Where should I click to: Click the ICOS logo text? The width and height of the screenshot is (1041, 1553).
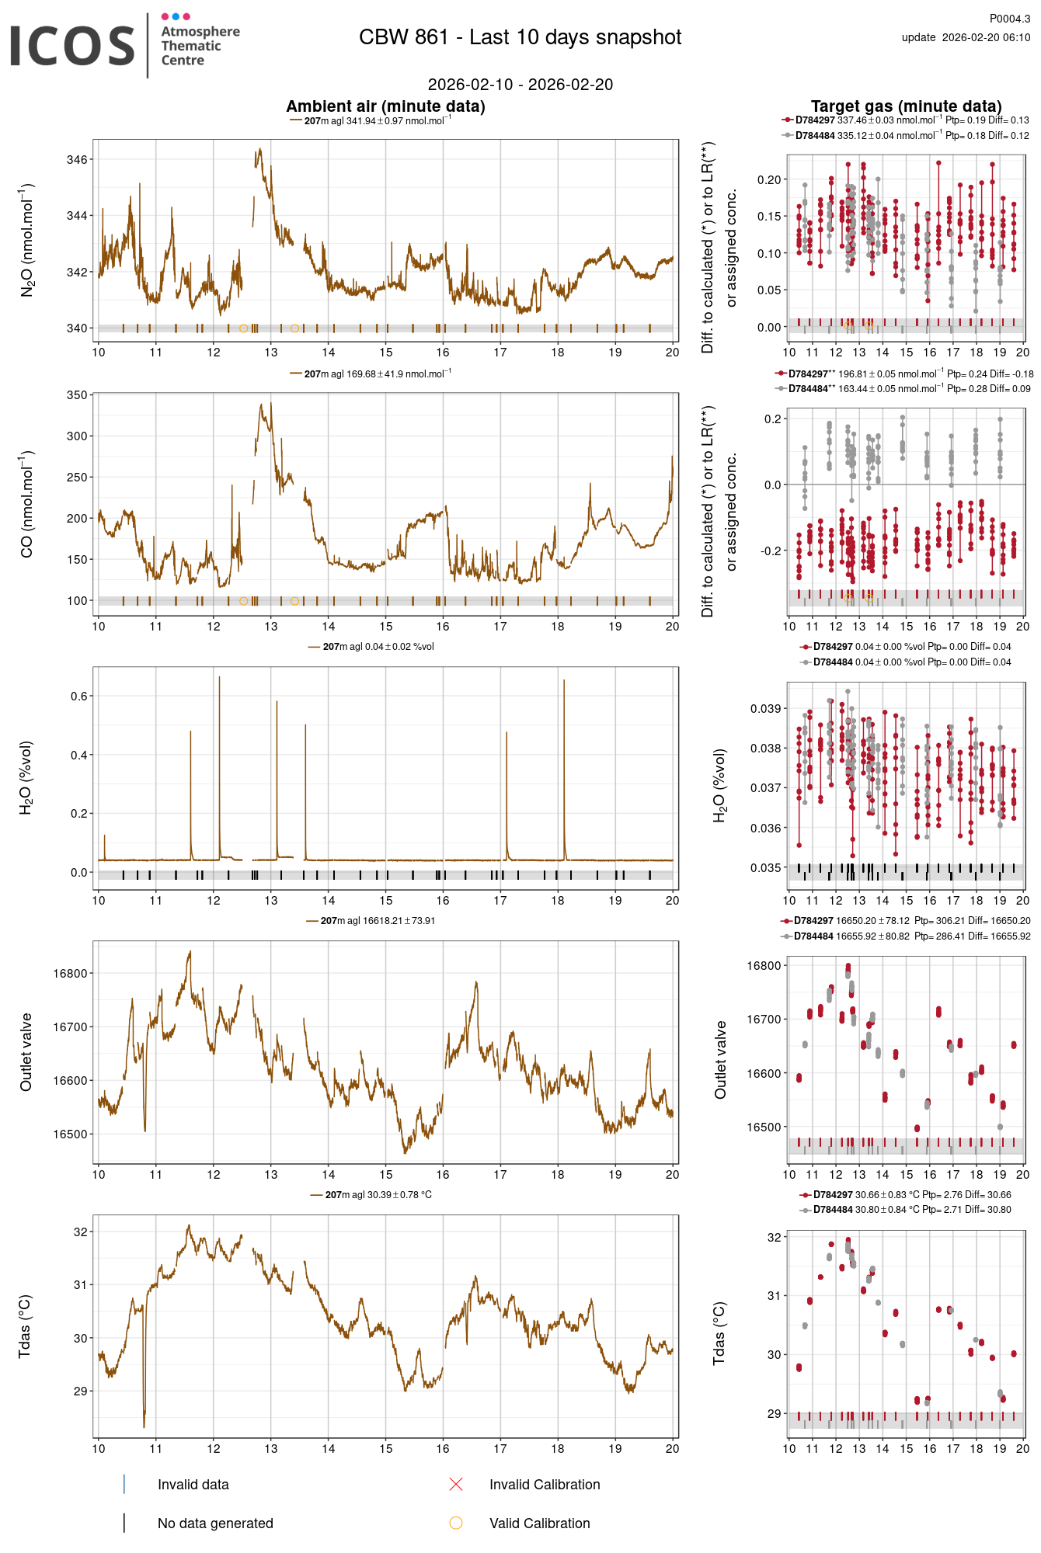click(x=72, y=46)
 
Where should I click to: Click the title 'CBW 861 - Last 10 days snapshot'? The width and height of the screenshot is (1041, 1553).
click(x=520, y=37)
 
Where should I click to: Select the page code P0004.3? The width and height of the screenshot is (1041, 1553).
click(x=1009, y=19)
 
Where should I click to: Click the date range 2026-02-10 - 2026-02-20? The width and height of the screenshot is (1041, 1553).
click(x=520, y=85)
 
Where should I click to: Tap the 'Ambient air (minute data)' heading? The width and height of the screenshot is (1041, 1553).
click(x=385, y=106)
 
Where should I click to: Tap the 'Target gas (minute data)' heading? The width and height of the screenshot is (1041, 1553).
click(x=906, y=106)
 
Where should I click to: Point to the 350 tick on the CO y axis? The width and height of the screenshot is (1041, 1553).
click(x=77, y=395)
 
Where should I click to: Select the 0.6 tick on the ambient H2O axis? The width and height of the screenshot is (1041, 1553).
click(x=79, y=697)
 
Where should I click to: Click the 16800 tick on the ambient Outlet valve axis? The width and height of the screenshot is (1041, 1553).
click(x=71, y=974)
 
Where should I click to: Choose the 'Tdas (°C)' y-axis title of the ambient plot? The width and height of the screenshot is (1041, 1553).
click(x=25, y=1326)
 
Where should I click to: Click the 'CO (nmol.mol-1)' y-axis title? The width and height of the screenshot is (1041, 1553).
click(x=26, y=504)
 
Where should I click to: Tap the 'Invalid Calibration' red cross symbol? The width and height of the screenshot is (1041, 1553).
click(x=456, y=1485)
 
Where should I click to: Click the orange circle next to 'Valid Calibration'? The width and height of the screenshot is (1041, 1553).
click(x=456, y=1523)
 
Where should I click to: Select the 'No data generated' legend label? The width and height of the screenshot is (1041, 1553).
click(x=215, y=1523)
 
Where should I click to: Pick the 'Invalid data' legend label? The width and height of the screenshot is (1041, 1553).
click(x=193, y=1485)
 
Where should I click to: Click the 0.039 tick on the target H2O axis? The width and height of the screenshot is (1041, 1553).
click(x=765, y=709)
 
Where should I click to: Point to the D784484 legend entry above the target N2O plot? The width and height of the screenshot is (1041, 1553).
click(x=814, y=136)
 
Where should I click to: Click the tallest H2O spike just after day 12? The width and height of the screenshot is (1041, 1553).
click(x=219, y=679)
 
